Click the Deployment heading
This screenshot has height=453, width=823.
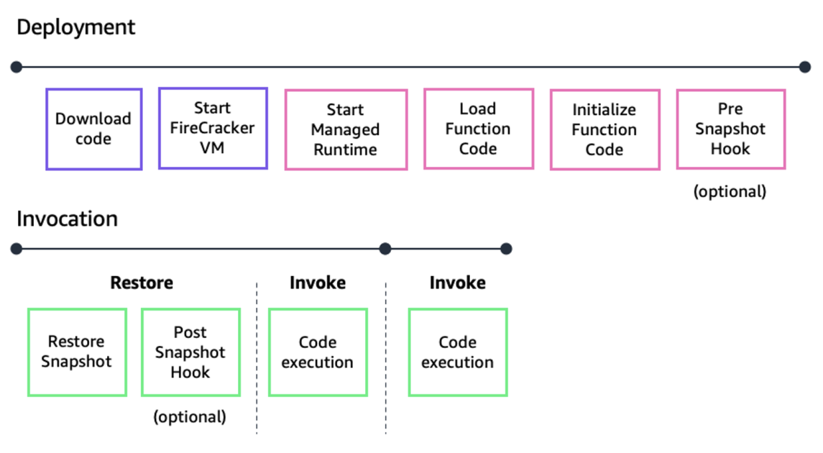[75, 27]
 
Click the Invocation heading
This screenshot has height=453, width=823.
[67, 219]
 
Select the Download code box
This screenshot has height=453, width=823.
[93, 129]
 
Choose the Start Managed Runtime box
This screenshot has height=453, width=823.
[346, 129]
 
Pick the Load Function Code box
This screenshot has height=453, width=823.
[478, 129]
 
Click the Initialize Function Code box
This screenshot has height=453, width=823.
[604, 129]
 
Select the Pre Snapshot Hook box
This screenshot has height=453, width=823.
[730, 129]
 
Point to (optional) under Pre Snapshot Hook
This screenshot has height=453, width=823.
[730, 191]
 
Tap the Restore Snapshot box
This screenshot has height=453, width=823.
[77, 352]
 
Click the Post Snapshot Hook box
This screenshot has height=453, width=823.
[190, 352]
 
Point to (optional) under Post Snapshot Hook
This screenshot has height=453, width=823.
[190, 416]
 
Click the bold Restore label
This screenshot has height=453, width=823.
[142, 283]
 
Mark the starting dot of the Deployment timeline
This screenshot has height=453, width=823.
[17, 67]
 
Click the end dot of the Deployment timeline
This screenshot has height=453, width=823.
[804, 67]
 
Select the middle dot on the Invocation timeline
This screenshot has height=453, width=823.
[385, 249]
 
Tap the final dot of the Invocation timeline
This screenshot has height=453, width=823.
[506, 249]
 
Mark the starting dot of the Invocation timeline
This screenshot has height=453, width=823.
[17, 249]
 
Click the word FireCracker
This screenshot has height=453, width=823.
[213, 129]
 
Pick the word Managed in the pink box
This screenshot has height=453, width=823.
[346, 129]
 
